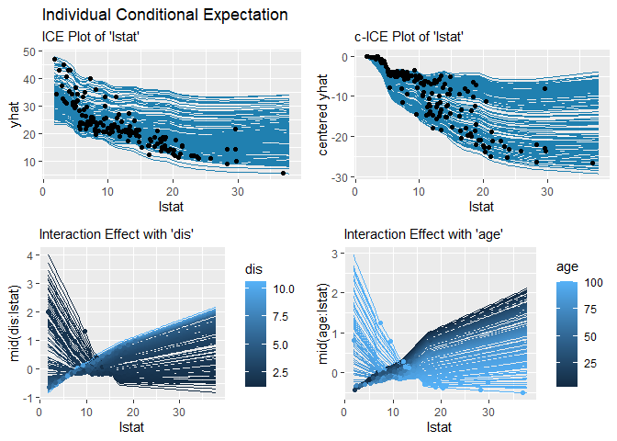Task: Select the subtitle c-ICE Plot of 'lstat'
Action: click(409, 37)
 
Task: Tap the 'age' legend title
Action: click(567, 266)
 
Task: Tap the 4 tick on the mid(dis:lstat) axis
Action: click(30, 255)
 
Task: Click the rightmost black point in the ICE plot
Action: click(283, 173)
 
